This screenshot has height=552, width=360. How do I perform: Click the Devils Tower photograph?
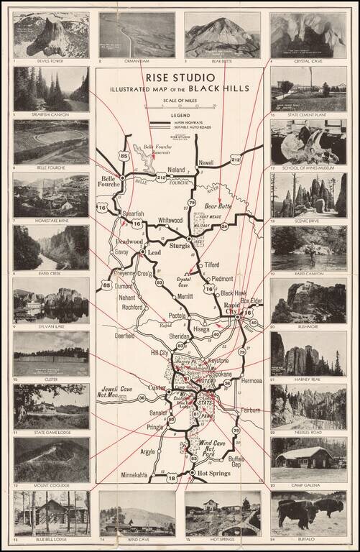51,34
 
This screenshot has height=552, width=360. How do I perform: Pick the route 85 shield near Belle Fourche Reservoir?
126,155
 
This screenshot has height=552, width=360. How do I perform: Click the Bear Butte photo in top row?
223,34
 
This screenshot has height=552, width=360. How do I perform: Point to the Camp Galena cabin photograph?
308,459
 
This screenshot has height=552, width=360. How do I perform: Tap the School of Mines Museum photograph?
308,142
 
